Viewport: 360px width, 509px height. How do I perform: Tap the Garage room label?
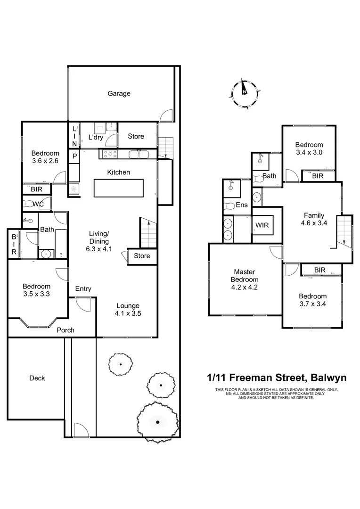(x=119, y=94)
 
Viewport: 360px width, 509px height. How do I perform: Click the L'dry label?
(x=97, y=138)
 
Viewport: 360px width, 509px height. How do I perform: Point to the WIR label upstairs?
(x=262, y=225)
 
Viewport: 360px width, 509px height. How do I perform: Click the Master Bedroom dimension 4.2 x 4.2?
(x=245, y=287)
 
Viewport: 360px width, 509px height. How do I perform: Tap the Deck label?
(x=37, y=378)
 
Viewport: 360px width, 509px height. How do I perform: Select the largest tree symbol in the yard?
(x=157, y=421)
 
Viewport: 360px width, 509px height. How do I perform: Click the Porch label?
(x=65, y=330)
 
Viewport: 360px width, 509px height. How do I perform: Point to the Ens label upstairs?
(x=242, y=205)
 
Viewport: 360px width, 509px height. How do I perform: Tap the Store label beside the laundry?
(x=136, y=136)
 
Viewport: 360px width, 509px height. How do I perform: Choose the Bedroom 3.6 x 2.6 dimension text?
(x=45, y=161)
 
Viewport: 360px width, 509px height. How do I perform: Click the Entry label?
(x=83, y=289)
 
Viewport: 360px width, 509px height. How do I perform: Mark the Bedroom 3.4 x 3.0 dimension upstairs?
(x=309, y=152)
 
